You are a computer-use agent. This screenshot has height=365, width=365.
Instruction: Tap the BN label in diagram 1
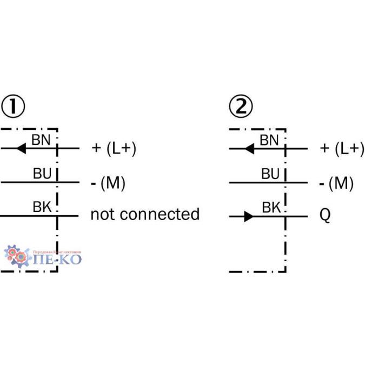click(41, 140)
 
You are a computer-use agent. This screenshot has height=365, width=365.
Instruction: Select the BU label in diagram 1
click(42, 174)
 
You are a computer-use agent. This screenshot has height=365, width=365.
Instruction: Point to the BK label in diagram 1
click(42, 207)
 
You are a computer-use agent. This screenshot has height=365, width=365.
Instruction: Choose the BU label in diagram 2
click(270, 174)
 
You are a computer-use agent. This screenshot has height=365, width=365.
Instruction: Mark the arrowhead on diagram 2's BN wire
click(249, 148)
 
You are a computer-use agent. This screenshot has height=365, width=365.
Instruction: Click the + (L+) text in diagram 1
click(114, 148)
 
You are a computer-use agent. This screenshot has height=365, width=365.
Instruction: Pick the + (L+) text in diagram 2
click(342, 148)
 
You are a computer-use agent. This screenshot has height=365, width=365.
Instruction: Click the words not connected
click(145, 214)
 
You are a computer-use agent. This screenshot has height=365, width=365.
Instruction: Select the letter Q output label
click(325, 216)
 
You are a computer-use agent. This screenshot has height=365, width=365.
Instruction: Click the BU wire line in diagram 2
click(254, 183)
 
